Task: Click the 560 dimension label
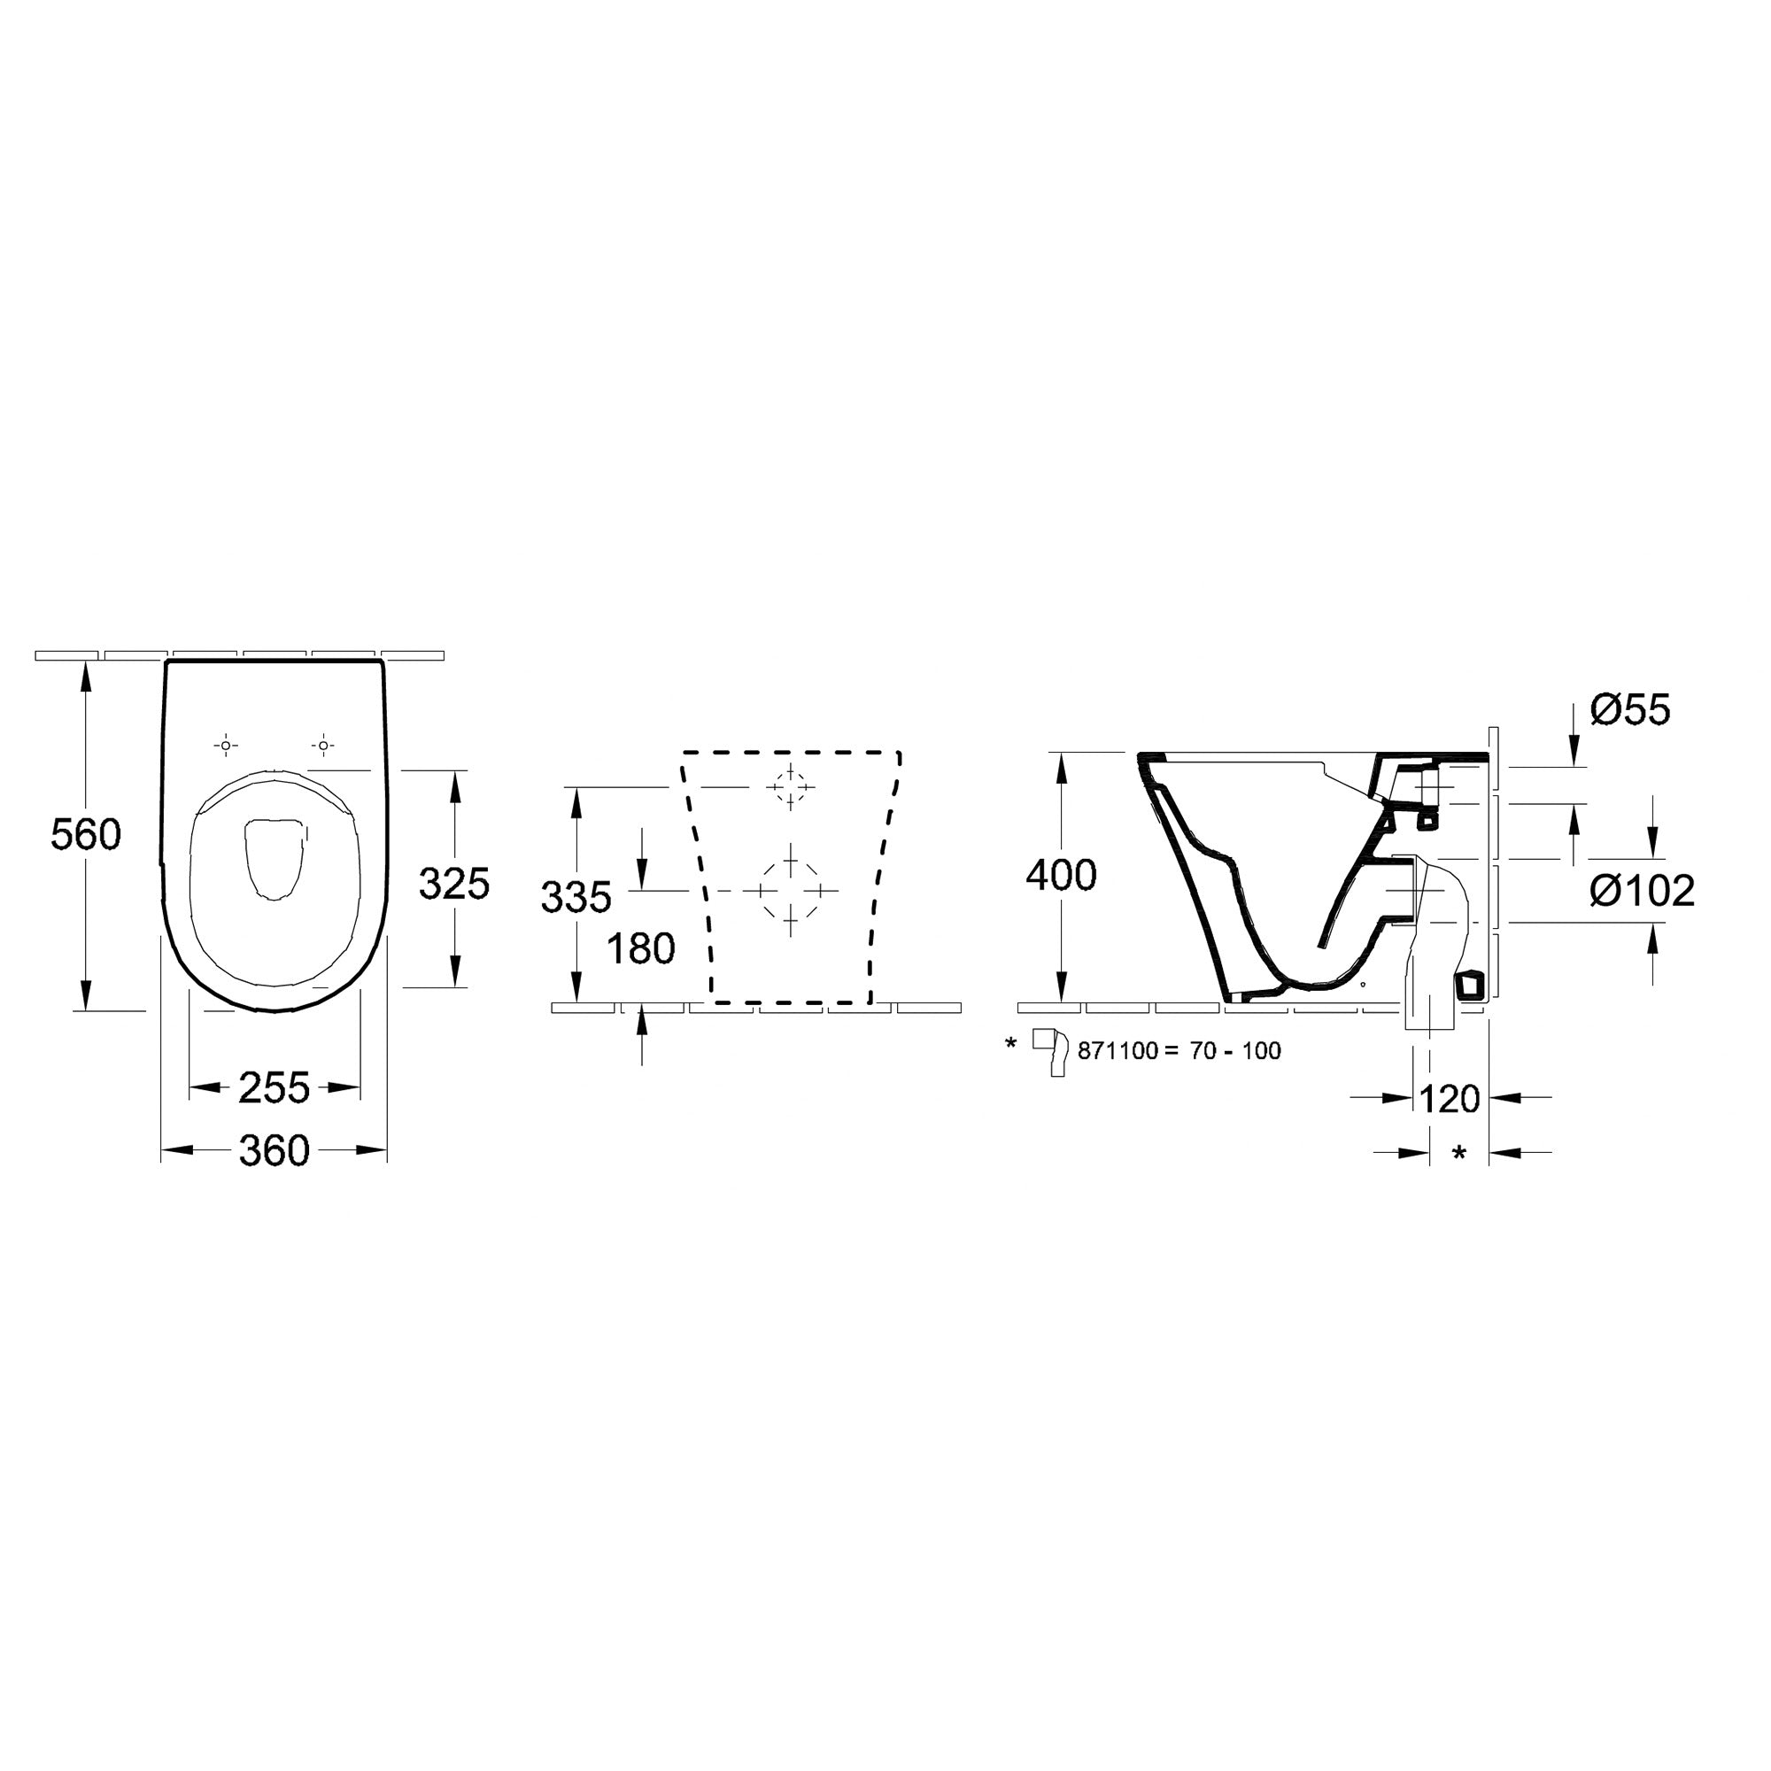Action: (85, 835)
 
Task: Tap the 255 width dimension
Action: (275, 1088)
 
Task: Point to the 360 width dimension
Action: (275, 1150)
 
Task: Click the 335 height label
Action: (576, 897)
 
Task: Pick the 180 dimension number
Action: (642, 948)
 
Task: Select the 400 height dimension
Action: (1062, 876)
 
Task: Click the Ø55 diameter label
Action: (1631, 709)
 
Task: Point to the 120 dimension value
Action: (1450, 1098)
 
